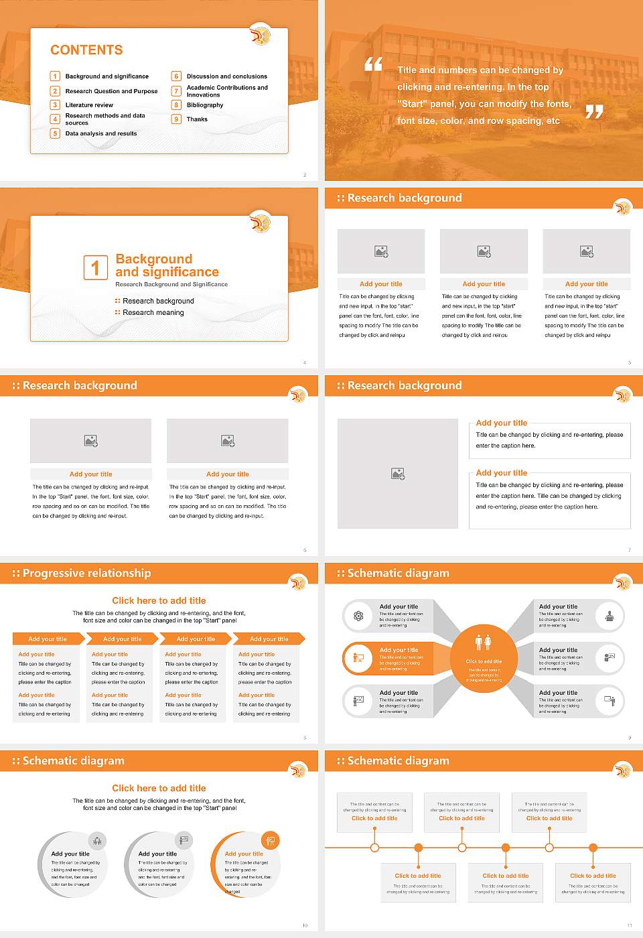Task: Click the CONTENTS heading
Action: point(86,50)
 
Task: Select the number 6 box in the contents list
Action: point(177,76)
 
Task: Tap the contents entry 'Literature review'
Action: point(89,105)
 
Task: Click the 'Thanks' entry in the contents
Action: point(197,119)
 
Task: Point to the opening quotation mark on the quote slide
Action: point(373,64)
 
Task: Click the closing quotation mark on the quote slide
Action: point(594,112)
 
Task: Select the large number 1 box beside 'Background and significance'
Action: point(95,267)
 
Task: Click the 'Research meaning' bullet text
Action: point(153,313)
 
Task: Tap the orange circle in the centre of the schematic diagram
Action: point(484,659)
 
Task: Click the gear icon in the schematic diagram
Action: point(358,616)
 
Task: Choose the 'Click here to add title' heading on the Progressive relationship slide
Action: point(159,601)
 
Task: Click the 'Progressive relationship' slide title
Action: point(86,574)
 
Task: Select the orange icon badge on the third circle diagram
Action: point(271,840)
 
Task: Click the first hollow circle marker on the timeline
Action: point(374,848)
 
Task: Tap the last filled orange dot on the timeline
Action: point(593,848)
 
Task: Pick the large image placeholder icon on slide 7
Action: point(398,474)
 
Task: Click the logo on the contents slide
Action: point(261,35)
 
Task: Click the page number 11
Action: point(629,925)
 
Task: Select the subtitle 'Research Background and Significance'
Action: point(171,285)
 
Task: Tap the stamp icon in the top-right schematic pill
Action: point(609,616)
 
